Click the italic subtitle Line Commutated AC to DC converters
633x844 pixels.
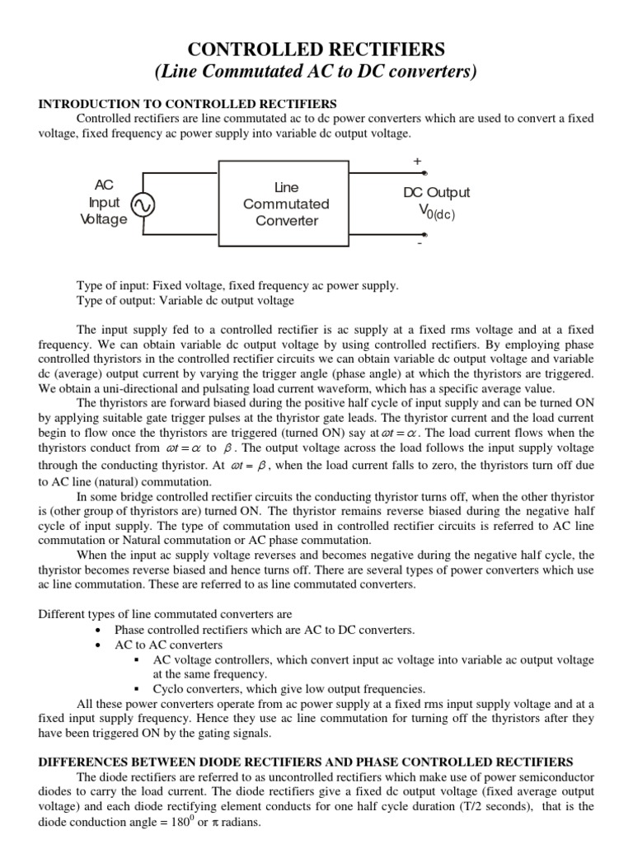pos(316,72)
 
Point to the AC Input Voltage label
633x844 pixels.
pos(104,203)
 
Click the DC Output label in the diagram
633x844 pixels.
pos(436,193)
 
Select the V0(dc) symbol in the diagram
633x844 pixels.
pos(436,212)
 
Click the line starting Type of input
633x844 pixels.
pos(237,285)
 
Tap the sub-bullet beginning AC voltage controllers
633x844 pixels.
pos(373,659)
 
